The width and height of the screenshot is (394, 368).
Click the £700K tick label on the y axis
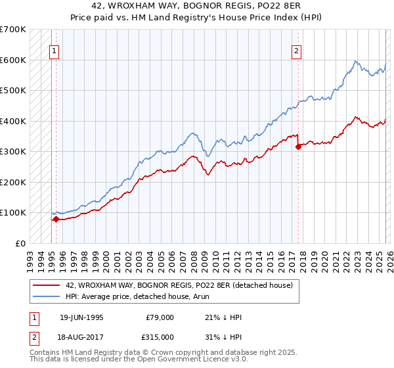(x=13, y=30)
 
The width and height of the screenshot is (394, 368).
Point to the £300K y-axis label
(x=13, y=151)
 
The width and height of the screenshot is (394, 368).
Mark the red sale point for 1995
(x=56, y=219)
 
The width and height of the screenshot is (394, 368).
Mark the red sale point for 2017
(x=298, y=147)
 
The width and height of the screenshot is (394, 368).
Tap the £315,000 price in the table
(x=160, y=336)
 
